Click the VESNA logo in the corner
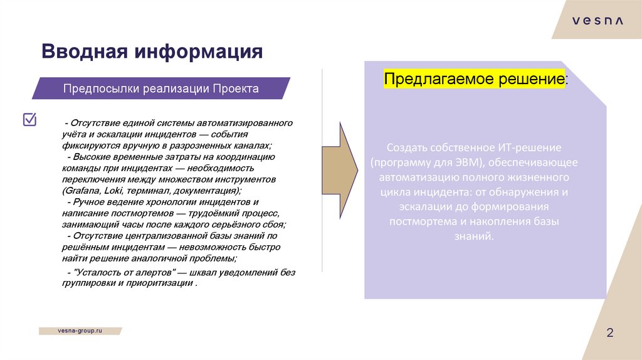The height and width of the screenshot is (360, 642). click(x=597, y=21)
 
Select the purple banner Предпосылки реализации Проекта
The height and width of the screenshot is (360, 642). click(x=160, y=88)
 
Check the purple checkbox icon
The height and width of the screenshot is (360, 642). click(x=29, y=119)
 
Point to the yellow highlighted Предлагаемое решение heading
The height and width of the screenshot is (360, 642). click(x=474, y=80)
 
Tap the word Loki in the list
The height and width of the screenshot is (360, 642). click(x=115, y=189)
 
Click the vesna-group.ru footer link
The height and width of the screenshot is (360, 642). click(x=80, y=330)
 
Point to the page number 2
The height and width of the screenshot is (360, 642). click(x=609, y=333)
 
